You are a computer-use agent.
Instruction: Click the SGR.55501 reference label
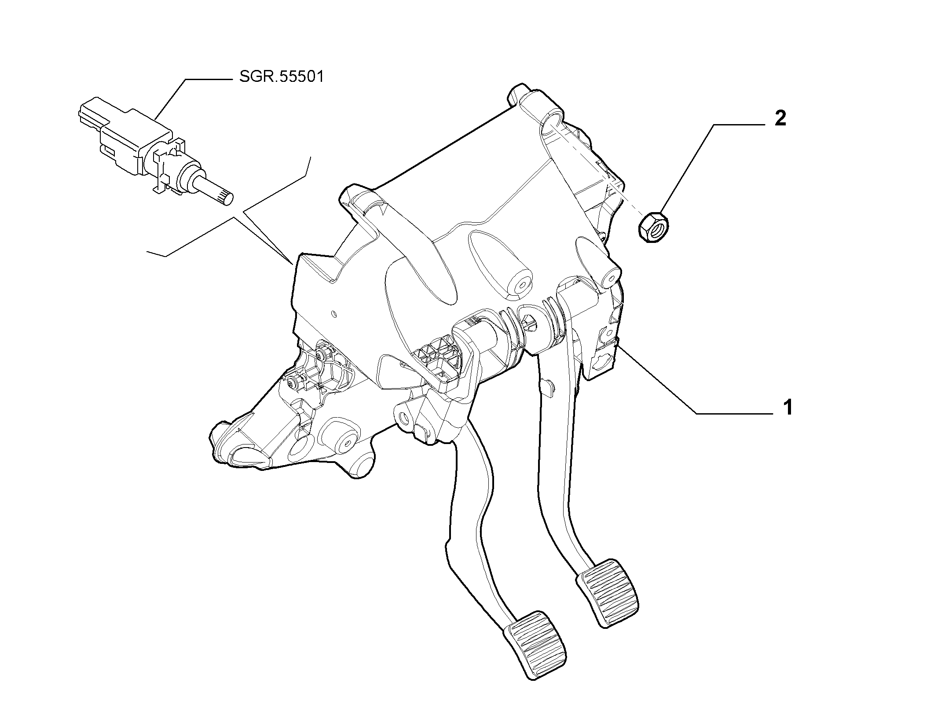pyautogui.click(x=282, y=77)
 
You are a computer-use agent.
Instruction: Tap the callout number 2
pyautogui.click(x=780, y=119)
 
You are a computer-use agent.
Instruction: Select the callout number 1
pyautogui.click(x=788, y=408)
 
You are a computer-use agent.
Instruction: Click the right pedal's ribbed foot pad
pyautogui.click(x=608, y=592)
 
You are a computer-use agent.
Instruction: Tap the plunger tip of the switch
pyautogui.click(x=227, y=198)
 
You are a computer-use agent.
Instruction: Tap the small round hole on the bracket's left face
pyautogui.click(x=334, y=314)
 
